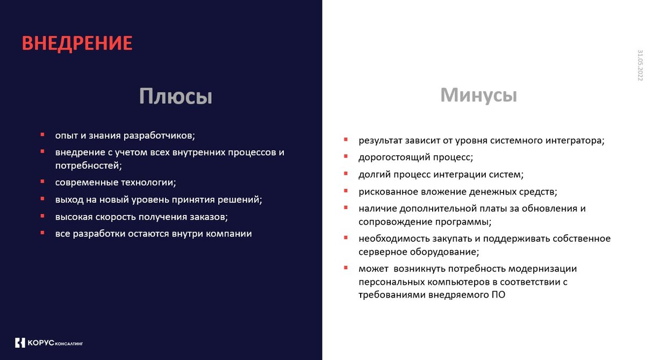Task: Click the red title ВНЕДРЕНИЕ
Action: [x=77, y=44]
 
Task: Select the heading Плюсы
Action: [x=176, y=96]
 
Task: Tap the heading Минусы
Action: [x=478, y=95]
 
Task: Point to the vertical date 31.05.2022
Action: [x=640, y=66]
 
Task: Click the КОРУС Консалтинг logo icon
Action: [x=20, y=342]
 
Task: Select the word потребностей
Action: [x=88, y=165]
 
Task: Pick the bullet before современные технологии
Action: [x=42, y=181]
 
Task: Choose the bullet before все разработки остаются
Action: [x=42, y=233]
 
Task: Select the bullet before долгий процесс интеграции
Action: [x=346, y=174]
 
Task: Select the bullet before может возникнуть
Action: [x=346, y=268]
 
